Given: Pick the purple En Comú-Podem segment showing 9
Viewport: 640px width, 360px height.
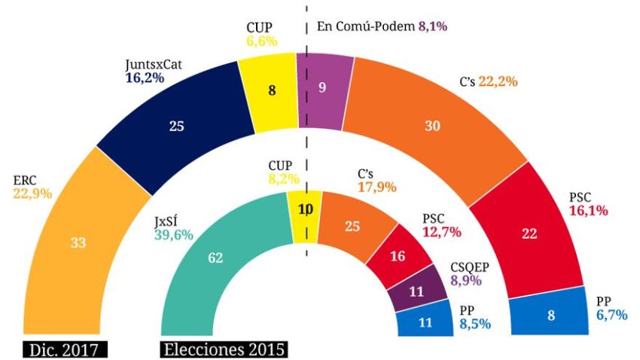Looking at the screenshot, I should click(x=324, y=87).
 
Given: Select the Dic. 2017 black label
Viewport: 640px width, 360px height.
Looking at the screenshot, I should click(x=65, y=349).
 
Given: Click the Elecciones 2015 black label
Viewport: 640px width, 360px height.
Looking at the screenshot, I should click(x=224, y=349).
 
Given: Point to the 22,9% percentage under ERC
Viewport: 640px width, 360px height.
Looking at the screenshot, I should click(x=32, y=194).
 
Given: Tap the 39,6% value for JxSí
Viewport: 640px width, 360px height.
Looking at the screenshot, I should click(x=173, y=234).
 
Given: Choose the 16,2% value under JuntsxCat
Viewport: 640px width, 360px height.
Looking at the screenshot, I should click(x=145, y=78).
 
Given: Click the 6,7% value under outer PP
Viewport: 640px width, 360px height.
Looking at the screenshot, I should click(x=611, y=315).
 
